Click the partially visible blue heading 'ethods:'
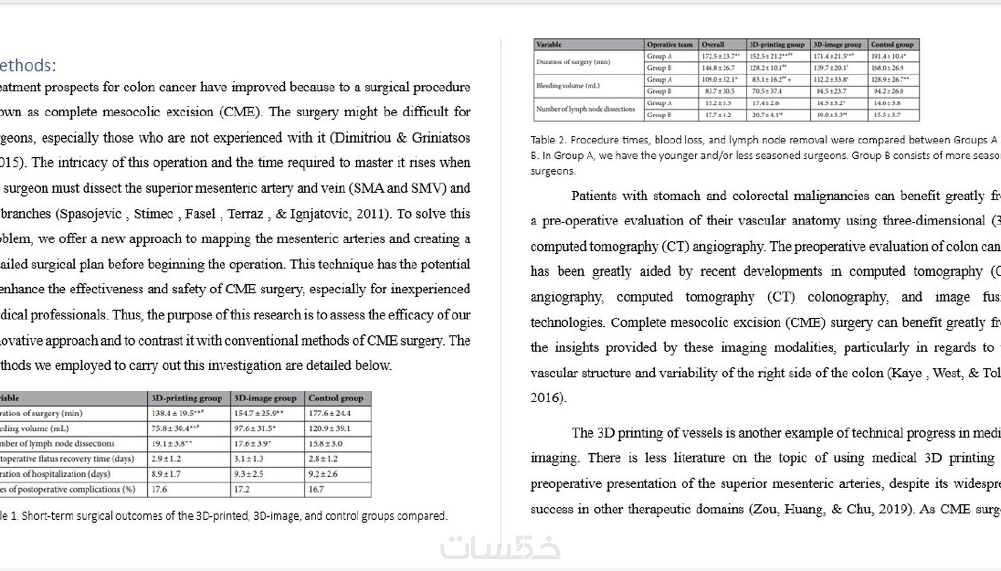[28, 65]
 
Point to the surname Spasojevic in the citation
[90, 214]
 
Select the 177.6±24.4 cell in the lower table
[330, 413]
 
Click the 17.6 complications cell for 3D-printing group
[160, 489]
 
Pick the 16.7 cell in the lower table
[316, 489]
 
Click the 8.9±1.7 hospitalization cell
[166, 474]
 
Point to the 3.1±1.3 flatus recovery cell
[249, 459]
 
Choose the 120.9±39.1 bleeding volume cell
[330, 429]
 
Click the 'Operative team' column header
[669, 45]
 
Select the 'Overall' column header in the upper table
[712, 45]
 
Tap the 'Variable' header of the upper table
[549, 45]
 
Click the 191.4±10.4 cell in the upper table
[889, 57]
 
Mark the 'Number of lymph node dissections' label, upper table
[586, 109]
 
